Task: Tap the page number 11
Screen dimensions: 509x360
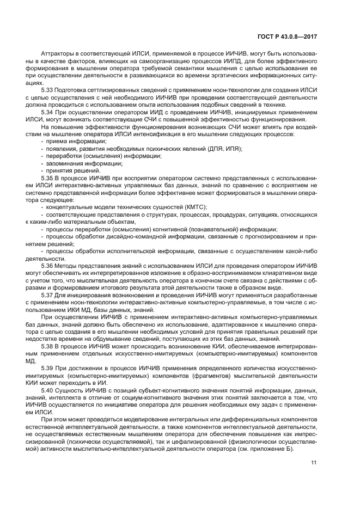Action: [x=314, y=463]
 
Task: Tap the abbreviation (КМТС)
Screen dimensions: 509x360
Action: [x=194, y=207]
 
